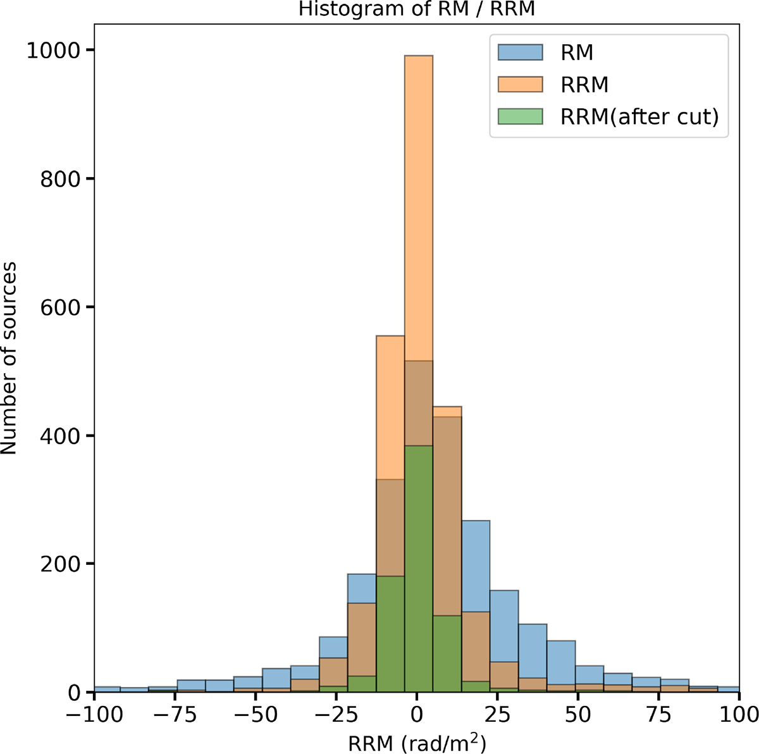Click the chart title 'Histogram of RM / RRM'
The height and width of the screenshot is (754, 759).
(x=417, y=9)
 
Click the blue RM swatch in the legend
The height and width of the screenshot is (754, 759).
(x=521, y=52)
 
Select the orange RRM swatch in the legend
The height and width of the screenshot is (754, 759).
(x=521, y=84)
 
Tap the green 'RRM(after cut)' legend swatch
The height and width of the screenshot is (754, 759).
(x=521, y=116)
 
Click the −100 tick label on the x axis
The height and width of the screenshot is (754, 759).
(x=94, y=715)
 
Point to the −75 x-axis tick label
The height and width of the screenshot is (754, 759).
(x=175, y=715)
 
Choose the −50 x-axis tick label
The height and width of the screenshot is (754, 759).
(x=256, y=715)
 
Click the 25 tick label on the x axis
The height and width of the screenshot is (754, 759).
(x=498, y=715)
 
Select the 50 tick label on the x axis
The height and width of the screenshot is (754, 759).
(x=578, y=715)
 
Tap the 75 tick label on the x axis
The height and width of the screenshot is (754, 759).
(x=658, y=715)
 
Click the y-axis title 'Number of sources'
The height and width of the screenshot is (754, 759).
(x=9, y=358)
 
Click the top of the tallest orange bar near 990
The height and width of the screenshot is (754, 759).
(x=419, y=56)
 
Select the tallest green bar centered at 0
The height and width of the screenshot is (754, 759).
(x=419, y=569)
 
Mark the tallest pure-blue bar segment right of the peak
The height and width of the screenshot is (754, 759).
(x=476, y=566)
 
